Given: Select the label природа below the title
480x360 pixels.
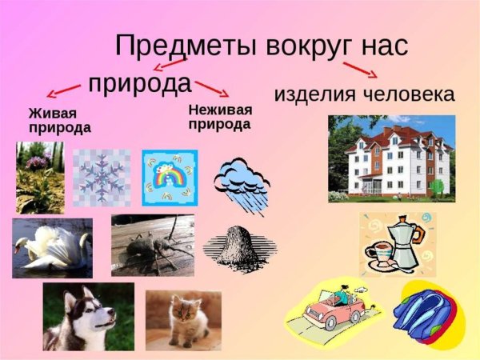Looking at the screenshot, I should (x=140, y=83).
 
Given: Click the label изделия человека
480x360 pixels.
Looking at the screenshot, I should (x=364, y=94).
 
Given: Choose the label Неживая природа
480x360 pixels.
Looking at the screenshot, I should (x=221, y=117).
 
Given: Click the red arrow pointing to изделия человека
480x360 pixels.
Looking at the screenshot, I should (x=360, y=68).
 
